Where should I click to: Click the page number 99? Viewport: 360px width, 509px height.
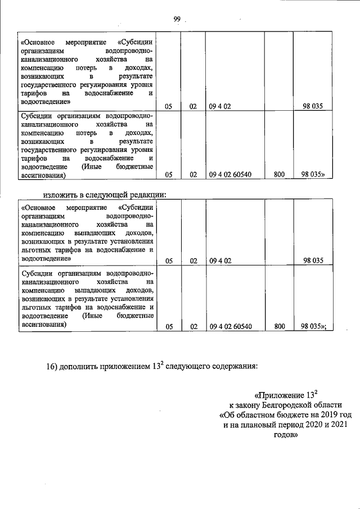(x=177, y=20)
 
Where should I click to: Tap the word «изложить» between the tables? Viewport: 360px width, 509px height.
(x=60, y=195)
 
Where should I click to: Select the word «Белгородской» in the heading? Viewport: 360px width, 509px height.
(x=286, y=405)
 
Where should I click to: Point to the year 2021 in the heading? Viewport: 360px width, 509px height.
(x=336, y=425)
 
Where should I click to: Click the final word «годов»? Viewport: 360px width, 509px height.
(x=282, y=435)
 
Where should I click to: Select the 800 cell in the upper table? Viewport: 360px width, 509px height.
(x=279, y=175)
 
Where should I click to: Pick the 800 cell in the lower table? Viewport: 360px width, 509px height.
(x=279, y=326)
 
